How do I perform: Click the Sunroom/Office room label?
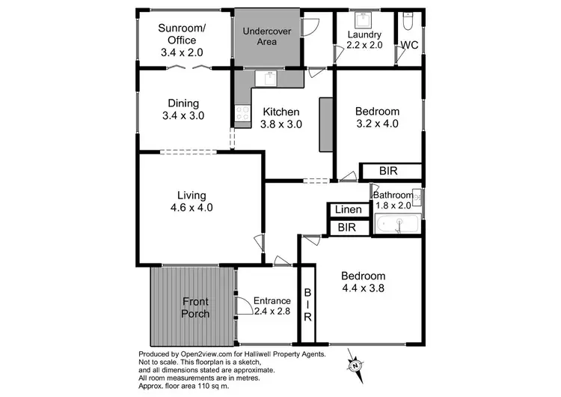182,40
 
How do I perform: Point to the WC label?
408,45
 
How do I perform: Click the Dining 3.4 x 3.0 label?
183,109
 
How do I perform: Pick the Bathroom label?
393,196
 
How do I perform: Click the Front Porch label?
195,307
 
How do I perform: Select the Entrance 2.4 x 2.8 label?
272,306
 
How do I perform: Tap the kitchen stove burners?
242,113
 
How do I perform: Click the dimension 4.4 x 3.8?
364,287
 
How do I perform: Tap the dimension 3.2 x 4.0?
377,124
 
